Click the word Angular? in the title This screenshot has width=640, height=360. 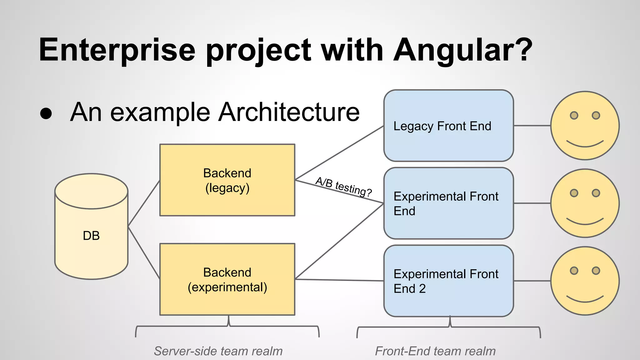[462, 50]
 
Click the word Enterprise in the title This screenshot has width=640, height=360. [117, 50]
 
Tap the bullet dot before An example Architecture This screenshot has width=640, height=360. [46, 113]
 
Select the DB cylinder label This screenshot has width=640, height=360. [91, 236]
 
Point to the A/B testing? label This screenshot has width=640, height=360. [343, 187]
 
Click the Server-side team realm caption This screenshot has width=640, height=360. [218, 351]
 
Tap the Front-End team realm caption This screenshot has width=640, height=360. [435, 351]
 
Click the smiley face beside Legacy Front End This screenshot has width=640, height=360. [585, 126]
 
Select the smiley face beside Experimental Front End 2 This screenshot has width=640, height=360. [585, 281]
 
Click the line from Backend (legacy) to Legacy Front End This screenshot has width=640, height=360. [339, 153]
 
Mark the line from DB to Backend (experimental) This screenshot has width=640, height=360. [144, 252]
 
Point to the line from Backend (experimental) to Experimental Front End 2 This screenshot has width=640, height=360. [339, 280]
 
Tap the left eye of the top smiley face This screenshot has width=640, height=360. [574, 115]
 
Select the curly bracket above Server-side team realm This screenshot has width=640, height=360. [227, 327]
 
